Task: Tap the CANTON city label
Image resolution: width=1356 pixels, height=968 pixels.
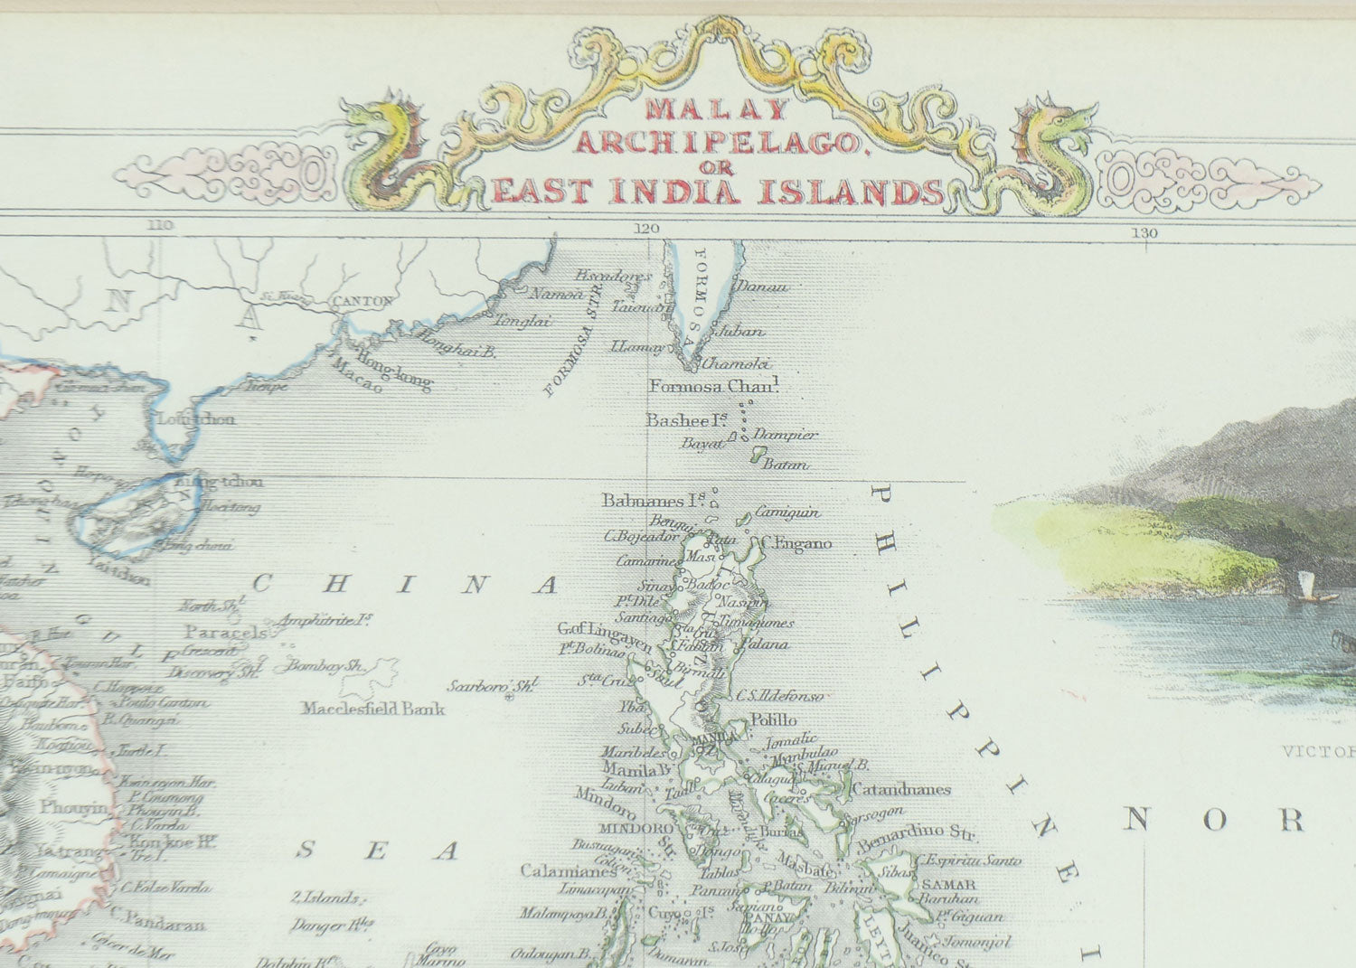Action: (x=363, y=301)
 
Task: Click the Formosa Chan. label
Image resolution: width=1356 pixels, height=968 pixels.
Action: (x=714, y=387)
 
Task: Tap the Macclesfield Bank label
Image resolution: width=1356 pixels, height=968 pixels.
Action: (x=373, y=709)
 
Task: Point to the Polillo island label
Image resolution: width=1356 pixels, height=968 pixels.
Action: (x=774, y=719)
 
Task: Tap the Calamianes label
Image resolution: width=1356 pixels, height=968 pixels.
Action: (x=561, y=871)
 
